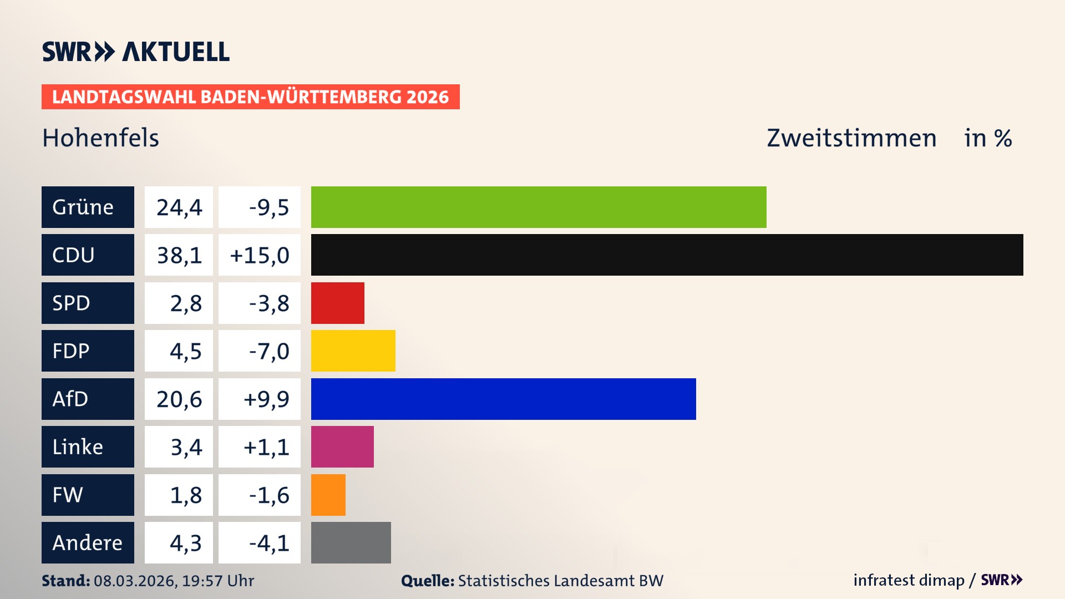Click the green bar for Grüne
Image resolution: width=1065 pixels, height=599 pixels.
[538, 207]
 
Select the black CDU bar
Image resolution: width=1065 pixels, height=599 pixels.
[667, 255]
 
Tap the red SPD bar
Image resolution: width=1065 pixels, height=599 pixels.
[337, 303]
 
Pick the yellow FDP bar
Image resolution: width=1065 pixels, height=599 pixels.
[353, 351]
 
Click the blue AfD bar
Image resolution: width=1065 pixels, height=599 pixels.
[503, 399]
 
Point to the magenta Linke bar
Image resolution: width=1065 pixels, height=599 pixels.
[342, 446]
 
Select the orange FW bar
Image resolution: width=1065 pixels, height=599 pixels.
[328, 495]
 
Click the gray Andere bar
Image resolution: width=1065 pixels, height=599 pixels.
[351, 542]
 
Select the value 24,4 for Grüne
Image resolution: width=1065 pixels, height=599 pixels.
[179, 207]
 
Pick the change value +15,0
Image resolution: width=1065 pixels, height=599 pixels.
[259, 255]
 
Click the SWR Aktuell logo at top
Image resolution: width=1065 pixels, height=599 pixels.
[136, 52]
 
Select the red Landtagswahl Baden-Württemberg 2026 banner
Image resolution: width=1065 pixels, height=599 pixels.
[250, 97]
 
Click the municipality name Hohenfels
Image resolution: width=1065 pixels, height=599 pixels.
[100, 138]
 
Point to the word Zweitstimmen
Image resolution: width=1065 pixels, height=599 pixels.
[851, 138]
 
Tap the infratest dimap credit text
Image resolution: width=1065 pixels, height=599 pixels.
[908, 580]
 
